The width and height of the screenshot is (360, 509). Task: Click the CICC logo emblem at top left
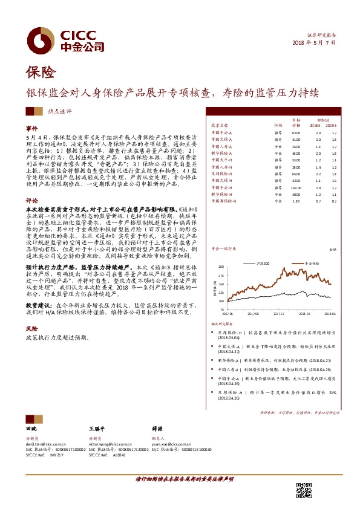pyautogui.click(x=41, y=40)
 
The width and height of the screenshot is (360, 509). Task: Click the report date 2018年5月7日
pyautogui.click(x=314, y=43)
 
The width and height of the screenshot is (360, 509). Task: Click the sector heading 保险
pyautogui.click(x=41, y=73)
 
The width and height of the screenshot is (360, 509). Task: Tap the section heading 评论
pyautogui.click(x=31, y=198)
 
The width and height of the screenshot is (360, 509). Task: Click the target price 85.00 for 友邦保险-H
pyautogui.click(x=296, y=173)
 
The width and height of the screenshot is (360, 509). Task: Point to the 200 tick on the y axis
pyautogui.click(x=221, y=266)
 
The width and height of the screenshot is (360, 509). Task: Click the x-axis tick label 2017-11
pyautogui.click(x=278, y=314)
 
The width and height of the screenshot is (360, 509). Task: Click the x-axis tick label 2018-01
pyautogui.click(x=305, y=314)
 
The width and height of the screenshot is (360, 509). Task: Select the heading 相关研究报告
pyautogui.click(x=229, y=323)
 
